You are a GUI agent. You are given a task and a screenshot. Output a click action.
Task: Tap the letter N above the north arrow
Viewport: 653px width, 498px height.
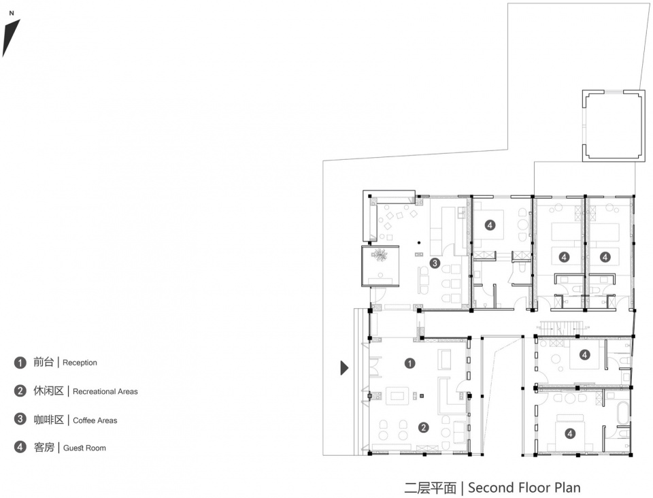click(12, 14)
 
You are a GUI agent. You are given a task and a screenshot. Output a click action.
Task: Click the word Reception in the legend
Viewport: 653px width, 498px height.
click(80, 363)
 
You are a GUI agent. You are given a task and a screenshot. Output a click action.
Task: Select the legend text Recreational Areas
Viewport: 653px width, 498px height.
click(105, 391)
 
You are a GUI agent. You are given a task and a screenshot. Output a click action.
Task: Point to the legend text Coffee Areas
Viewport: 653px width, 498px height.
click(95, 420)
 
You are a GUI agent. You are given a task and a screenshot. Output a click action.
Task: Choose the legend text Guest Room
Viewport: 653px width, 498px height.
click(84, 448)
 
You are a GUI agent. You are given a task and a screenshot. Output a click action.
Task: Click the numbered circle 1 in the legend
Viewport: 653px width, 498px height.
click(20, 363)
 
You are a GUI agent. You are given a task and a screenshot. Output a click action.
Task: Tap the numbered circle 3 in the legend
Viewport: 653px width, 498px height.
click(20, 419)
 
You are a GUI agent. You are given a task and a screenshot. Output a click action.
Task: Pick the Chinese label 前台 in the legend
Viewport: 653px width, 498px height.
click(44, 362)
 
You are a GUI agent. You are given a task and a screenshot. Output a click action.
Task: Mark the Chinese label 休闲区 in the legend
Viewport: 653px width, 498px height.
click(49, 391)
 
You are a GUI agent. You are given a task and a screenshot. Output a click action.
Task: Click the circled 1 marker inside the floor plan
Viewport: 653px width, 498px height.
click(409, 363)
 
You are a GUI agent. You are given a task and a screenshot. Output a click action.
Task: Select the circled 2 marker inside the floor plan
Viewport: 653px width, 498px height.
click(424, 427)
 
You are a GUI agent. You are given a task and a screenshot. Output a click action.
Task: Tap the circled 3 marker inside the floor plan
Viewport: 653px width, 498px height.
click(435, 263)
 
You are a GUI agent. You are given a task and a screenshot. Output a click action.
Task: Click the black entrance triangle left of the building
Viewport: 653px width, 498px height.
click(344, 367)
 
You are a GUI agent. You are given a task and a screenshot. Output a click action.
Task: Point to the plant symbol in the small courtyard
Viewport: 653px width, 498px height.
click(380, 254)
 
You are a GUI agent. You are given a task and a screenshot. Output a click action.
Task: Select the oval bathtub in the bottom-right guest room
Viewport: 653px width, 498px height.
click(623, 413)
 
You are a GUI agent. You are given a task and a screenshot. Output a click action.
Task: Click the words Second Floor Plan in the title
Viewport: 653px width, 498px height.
click(524, 488)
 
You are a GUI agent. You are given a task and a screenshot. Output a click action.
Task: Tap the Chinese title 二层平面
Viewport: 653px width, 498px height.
click(430, 488)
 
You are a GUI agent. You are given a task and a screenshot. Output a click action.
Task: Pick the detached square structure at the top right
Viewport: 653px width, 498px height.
click(614, 126)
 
